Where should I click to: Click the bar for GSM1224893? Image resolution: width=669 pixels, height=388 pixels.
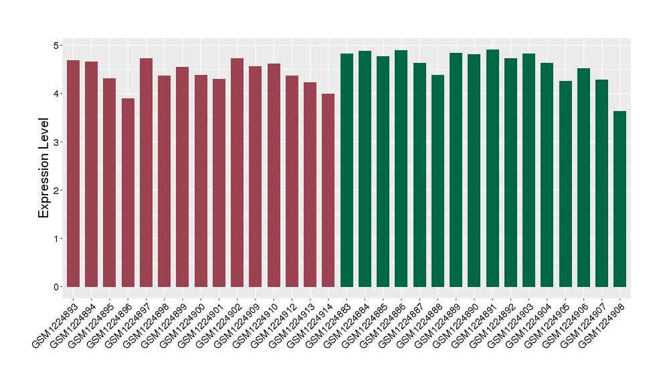[73, 174]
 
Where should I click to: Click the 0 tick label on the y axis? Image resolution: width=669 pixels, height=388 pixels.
[56, 287]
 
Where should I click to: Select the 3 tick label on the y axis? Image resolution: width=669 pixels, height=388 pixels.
[56, 142]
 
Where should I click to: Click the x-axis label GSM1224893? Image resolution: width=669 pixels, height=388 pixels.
[54, 324]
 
